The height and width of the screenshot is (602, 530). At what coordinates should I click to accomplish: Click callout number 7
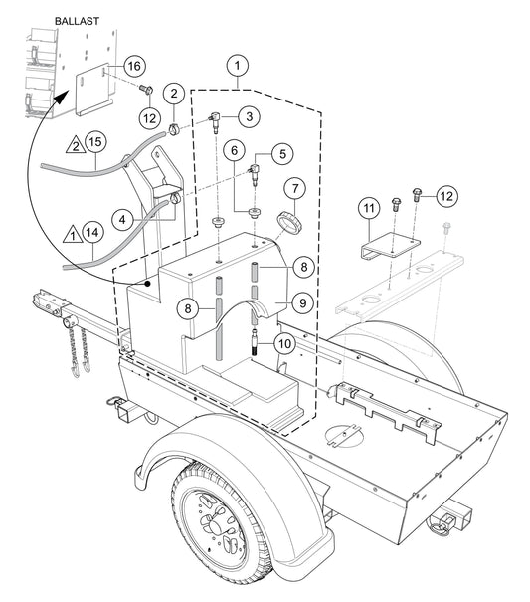point(294,187)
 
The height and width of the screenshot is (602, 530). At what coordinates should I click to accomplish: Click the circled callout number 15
point(93,142)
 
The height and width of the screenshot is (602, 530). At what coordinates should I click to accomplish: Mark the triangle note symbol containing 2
point(74,148)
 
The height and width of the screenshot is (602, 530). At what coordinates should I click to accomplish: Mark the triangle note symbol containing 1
point(70,235)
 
